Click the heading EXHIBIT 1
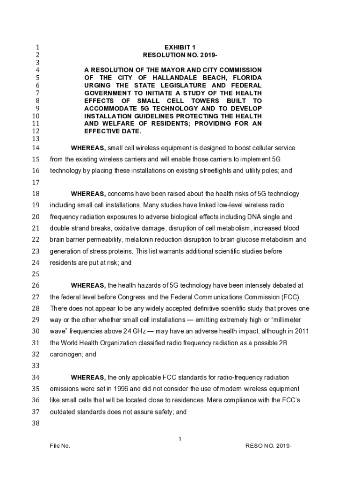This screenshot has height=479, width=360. [180, 47]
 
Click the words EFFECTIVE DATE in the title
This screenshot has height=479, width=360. [113, 131]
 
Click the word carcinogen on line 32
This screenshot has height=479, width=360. [65, 355]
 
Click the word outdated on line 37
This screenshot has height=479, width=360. [62, 412]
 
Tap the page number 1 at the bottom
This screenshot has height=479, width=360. [180, 438]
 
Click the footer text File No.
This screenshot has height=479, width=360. [60, 446]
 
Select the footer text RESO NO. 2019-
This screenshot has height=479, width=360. [269, 446]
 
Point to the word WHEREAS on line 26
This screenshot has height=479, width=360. [88, 285]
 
